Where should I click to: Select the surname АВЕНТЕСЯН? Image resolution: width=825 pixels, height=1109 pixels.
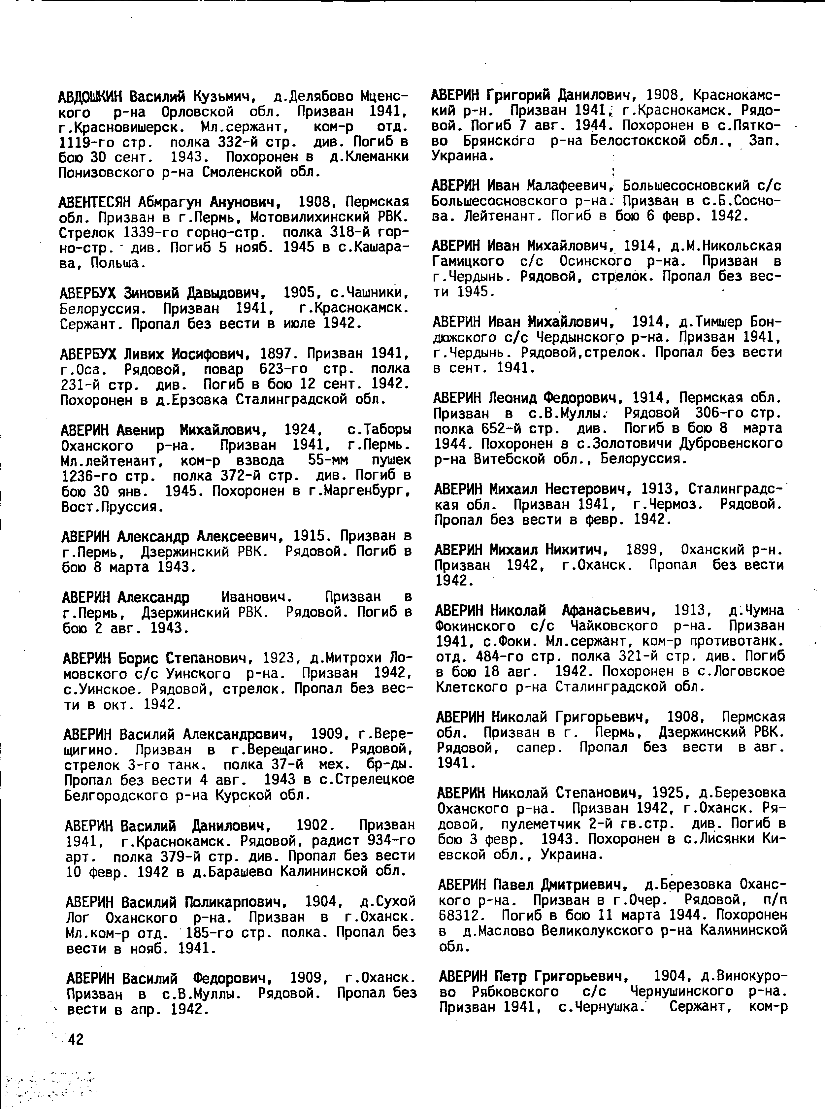click(x=94, y=202)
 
